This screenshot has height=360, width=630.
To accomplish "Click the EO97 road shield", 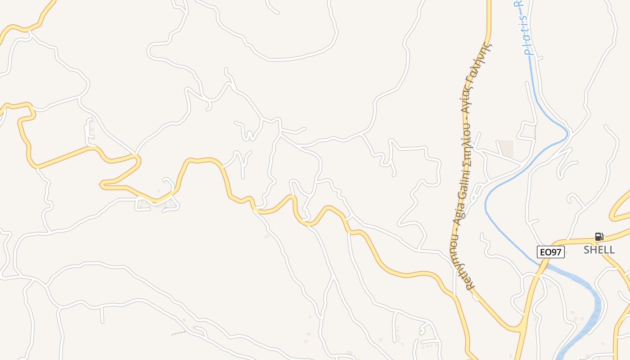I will [x=550, y=252].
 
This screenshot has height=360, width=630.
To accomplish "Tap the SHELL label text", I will [x=599, y=250].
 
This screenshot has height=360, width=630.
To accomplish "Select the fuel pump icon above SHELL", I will [x=599, y=237].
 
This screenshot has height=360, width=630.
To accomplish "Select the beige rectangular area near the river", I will [x=506, y=148].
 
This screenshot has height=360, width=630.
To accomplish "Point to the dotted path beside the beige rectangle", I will [x=535, y=133].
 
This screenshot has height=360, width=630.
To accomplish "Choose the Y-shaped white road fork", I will [x=243, y=160].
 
